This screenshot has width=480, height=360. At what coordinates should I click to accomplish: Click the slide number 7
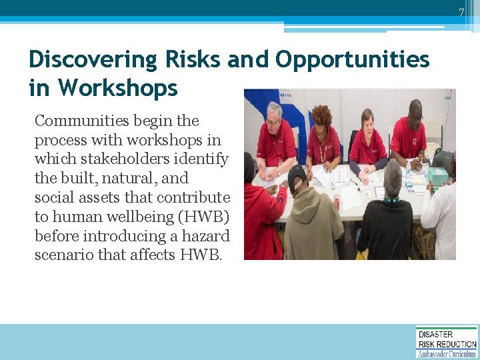(x=460, y=13)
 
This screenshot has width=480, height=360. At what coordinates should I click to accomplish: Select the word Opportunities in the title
(x=352, y=60)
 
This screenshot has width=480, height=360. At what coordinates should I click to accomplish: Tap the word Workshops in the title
(x=118, y=87)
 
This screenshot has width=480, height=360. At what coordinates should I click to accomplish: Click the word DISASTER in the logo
(x=435, y=334)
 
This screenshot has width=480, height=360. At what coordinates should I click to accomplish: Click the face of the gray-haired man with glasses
(x=274, y=114)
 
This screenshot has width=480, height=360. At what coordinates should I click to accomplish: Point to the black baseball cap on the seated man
(x=296, y=175)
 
